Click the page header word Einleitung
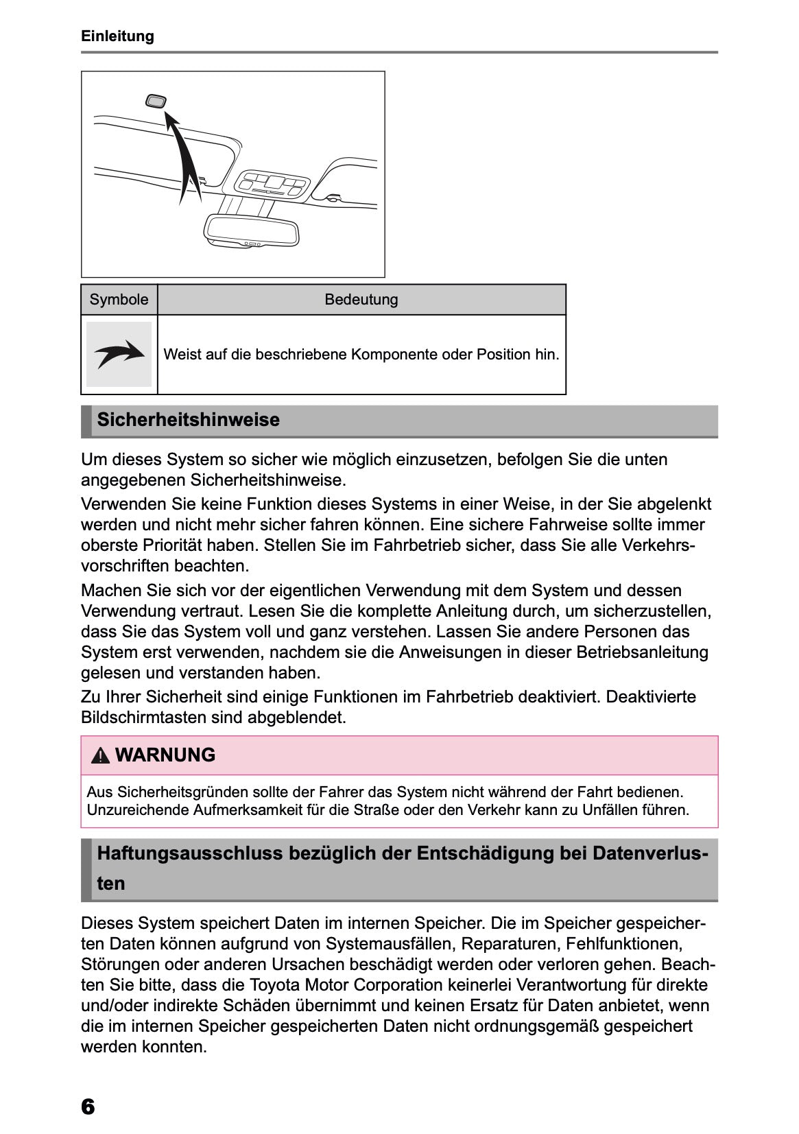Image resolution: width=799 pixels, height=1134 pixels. [117, 36]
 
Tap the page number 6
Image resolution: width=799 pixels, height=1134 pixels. [88, 1107]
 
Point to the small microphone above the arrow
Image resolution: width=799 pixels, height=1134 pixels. [156, 102]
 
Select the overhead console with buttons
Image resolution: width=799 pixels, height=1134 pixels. [272, 184]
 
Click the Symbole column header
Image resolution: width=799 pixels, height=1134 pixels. [119, 300]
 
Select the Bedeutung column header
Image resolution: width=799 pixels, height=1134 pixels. [361, 300]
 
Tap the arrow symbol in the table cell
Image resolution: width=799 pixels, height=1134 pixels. [119, 354]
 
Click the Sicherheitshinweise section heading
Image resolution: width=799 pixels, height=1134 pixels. [189, 420]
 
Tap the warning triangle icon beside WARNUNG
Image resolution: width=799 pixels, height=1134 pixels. [101, 756]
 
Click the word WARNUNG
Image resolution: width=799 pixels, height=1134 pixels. [165, 755]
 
